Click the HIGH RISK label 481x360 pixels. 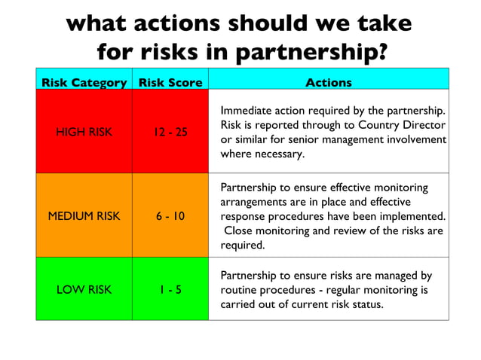[84, 133]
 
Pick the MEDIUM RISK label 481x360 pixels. [84, 216]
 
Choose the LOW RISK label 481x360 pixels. [84, 290]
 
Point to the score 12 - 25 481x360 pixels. [170, 133]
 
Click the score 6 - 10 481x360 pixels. [170, 216]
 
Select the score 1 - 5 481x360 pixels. [170, 290]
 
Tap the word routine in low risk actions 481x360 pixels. [239, 290]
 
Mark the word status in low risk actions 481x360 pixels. [367, 304]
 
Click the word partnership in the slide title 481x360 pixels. [313, 52]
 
